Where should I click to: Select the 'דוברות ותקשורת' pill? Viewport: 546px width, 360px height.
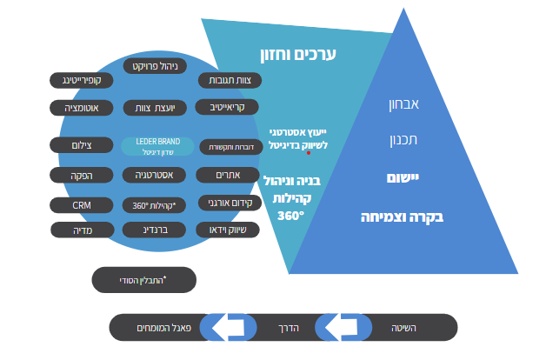coord(230,147)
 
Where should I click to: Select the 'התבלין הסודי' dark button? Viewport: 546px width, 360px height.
coord(143,280)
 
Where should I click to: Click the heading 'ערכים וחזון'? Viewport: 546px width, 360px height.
coord(297,54)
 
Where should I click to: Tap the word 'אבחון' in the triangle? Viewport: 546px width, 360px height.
coord(403,105)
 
